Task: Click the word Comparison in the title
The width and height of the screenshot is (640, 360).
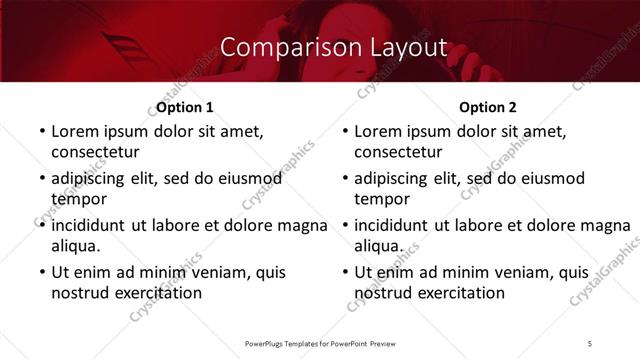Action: point(281,47)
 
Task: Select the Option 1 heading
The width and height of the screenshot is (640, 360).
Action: point(185,107)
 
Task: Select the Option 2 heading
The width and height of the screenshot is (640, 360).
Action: point(488,107)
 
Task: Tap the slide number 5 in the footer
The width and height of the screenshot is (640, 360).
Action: point(590,343)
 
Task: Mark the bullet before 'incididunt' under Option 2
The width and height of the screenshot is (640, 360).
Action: point(344,225)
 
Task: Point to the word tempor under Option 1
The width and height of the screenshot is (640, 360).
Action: point(77,199)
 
